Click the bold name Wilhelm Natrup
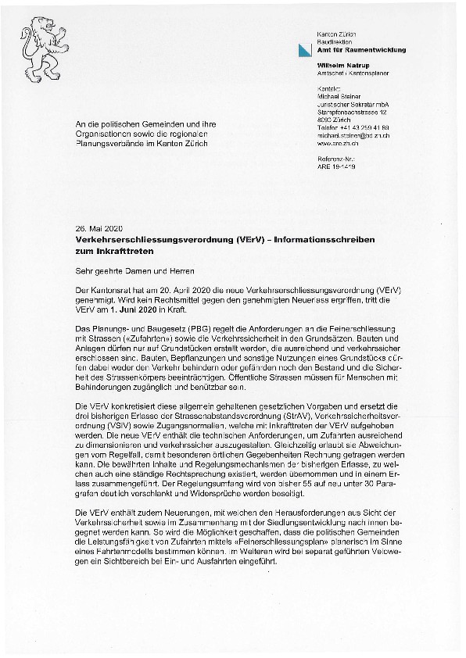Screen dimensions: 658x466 coord(342,65)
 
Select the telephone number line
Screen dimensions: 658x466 coord(353,127)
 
